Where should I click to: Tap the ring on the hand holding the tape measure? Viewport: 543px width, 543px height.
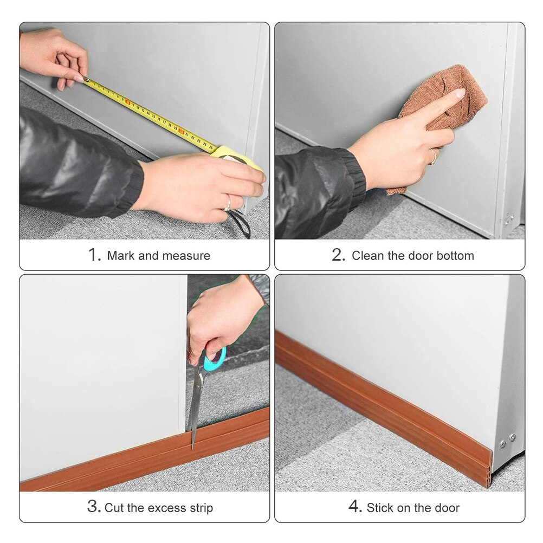[228, 202]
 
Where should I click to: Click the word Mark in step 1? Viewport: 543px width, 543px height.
[120, 256]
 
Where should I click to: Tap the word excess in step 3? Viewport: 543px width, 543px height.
[164, 508]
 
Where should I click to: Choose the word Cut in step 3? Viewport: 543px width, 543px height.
[114, 508]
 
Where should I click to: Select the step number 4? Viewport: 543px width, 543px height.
[354, 507]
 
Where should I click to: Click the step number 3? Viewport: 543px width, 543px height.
[93, 507]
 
